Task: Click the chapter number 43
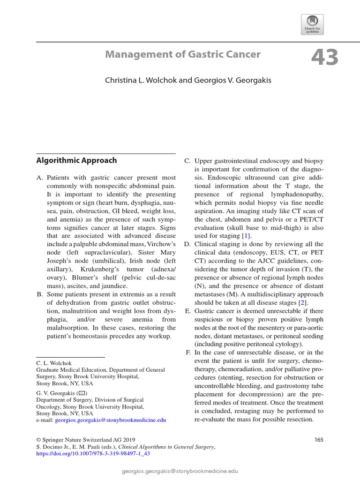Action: [324, 58]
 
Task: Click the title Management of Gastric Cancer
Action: [182, 54]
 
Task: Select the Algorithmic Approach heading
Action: [76, 160]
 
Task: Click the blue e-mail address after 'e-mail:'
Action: [110, 421]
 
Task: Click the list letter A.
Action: [39, 178]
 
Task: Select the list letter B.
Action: [39, 294]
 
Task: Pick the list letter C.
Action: [187, 161]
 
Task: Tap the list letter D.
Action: [187, 244]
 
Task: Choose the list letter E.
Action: [187, 311]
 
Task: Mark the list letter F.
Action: [188, 352]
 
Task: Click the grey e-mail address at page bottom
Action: [180, 470]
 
